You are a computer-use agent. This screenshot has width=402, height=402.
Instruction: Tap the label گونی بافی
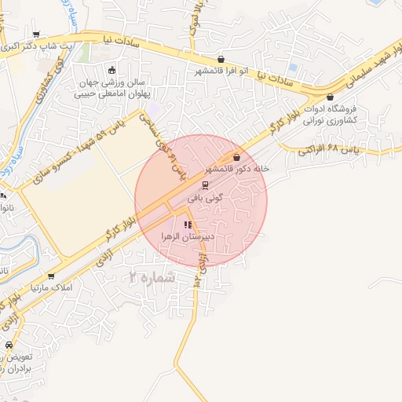click(206, 199)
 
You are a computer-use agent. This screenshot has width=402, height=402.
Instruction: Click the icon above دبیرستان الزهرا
click(187, 225)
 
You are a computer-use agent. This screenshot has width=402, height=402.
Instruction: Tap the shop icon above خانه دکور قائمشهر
click(236, 157)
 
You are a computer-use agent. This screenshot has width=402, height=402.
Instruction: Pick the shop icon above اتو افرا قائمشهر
click(221, 59)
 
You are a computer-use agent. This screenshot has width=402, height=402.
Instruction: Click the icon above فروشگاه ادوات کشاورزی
click(329, 97)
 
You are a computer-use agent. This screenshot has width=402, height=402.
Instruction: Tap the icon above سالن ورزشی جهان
click(111, 69)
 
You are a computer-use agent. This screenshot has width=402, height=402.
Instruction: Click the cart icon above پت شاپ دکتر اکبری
click(36, 34)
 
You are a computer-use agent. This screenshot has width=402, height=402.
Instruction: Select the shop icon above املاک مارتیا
click(51, 276)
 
